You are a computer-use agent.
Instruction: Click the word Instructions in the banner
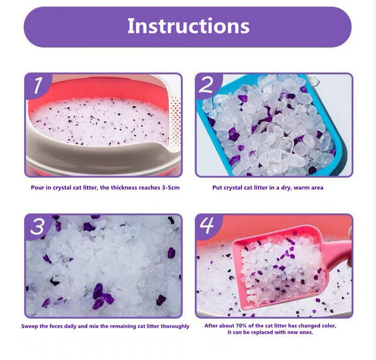click(188, 26)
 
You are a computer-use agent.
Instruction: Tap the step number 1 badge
click(36, 86)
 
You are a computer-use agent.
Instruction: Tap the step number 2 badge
click(206, 86)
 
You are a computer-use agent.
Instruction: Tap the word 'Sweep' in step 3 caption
click(31, 326)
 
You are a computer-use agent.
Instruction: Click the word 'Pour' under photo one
click(37, 188)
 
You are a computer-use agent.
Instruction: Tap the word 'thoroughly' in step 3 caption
click(174, 326)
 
